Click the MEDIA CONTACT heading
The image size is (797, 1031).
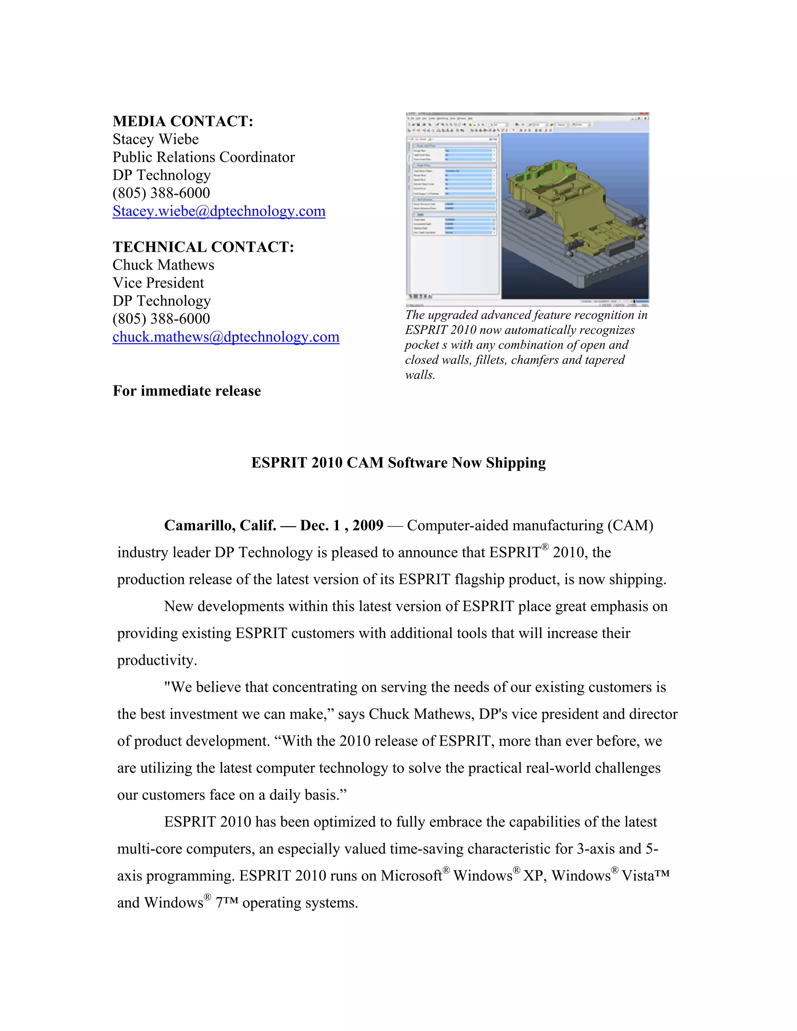(183, 121)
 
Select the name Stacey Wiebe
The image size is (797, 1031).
(155, 139)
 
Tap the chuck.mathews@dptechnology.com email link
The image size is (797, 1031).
(226, 337)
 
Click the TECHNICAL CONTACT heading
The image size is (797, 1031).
(203, 247)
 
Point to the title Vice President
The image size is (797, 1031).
(158, 283)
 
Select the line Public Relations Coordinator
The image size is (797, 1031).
(204, 157)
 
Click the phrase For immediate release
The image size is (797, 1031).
(186, 391)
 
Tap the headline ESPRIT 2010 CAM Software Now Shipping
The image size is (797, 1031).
(398, 463)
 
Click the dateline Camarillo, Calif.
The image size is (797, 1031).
(220, 525)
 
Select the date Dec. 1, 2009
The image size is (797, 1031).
(341, 525)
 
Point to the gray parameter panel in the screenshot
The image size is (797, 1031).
(452, 217)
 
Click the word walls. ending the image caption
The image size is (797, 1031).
(420, 375)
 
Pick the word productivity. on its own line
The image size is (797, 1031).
(157, 661)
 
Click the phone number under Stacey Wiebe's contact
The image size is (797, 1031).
(161, 193)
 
